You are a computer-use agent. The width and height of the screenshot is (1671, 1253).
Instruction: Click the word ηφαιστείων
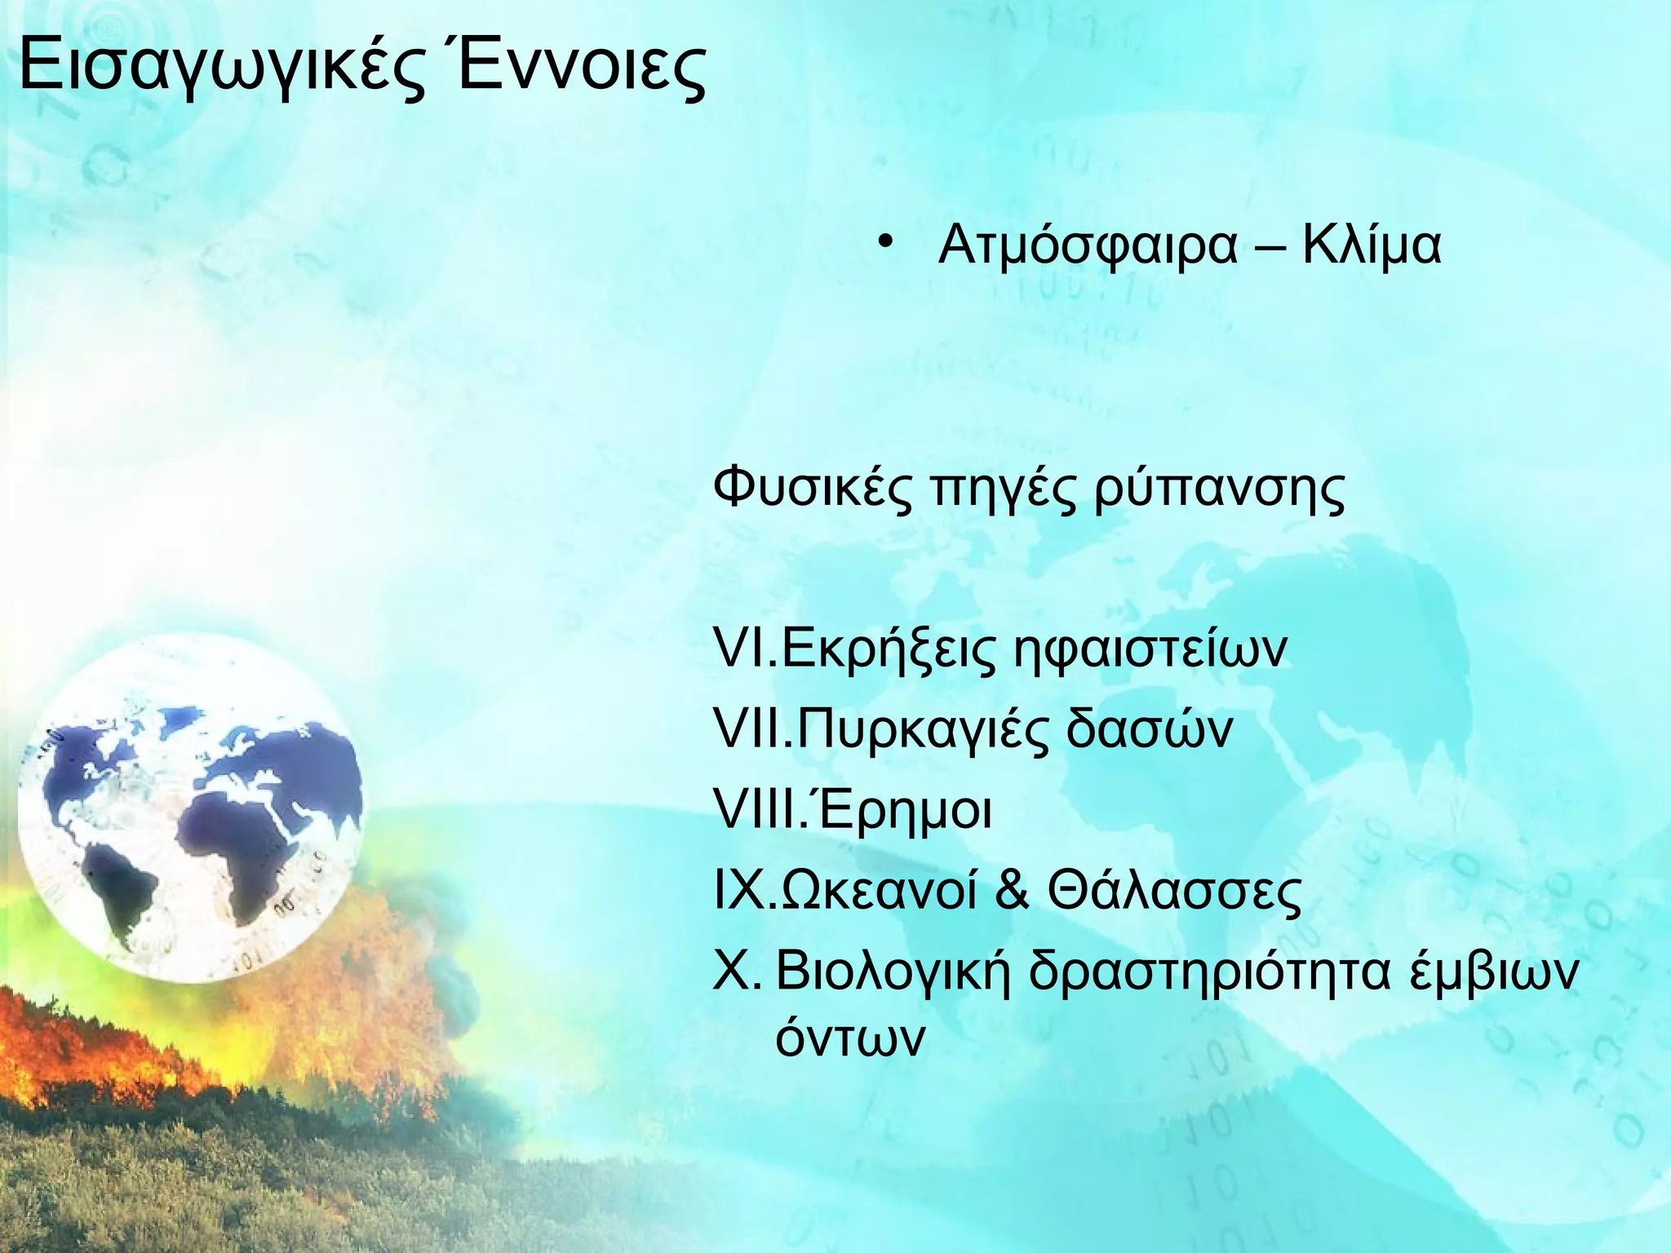[x=1150, y=651]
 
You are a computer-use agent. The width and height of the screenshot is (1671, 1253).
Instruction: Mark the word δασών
[x=1150, y=730]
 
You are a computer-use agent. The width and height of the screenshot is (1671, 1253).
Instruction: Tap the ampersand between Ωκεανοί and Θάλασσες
[x=1012, y=892]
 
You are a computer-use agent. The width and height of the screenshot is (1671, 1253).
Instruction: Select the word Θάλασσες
[x=1175, y=892]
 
